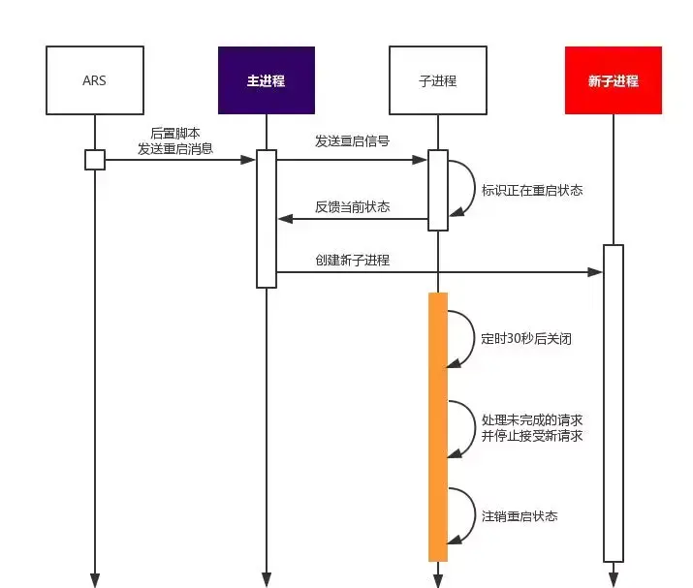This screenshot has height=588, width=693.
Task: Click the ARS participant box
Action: coord(94,80)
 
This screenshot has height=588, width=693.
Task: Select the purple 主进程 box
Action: coord(267,80)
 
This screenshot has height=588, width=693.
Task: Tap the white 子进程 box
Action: coord(437,80)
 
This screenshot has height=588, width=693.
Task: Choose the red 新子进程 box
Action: coord(614,80)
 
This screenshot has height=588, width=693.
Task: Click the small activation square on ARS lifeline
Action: coord(94,160)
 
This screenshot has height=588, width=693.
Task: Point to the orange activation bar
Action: coord(438,426)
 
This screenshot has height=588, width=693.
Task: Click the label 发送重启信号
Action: coord(352,141)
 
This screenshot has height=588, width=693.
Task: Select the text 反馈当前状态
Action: coord(352,206)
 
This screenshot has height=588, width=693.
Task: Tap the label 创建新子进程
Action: coord(352,261)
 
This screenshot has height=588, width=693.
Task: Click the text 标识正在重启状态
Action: coord(532,190)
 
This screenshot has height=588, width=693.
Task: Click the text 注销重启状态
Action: coord(520,516)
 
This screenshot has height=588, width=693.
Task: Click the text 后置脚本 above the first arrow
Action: coord(175,133)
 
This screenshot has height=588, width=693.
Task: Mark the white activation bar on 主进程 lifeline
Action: coord(267,218)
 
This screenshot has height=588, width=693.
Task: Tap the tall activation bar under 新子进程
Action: coord(613,402)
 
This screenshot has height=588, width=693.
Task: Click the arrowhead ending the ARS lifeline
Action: coord(95,579)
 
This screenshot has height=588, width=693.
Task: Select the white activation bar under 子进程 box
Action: coord(438,190)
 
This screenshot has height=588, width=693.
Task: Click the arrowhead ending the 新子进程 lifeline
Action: coord(613,579)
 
